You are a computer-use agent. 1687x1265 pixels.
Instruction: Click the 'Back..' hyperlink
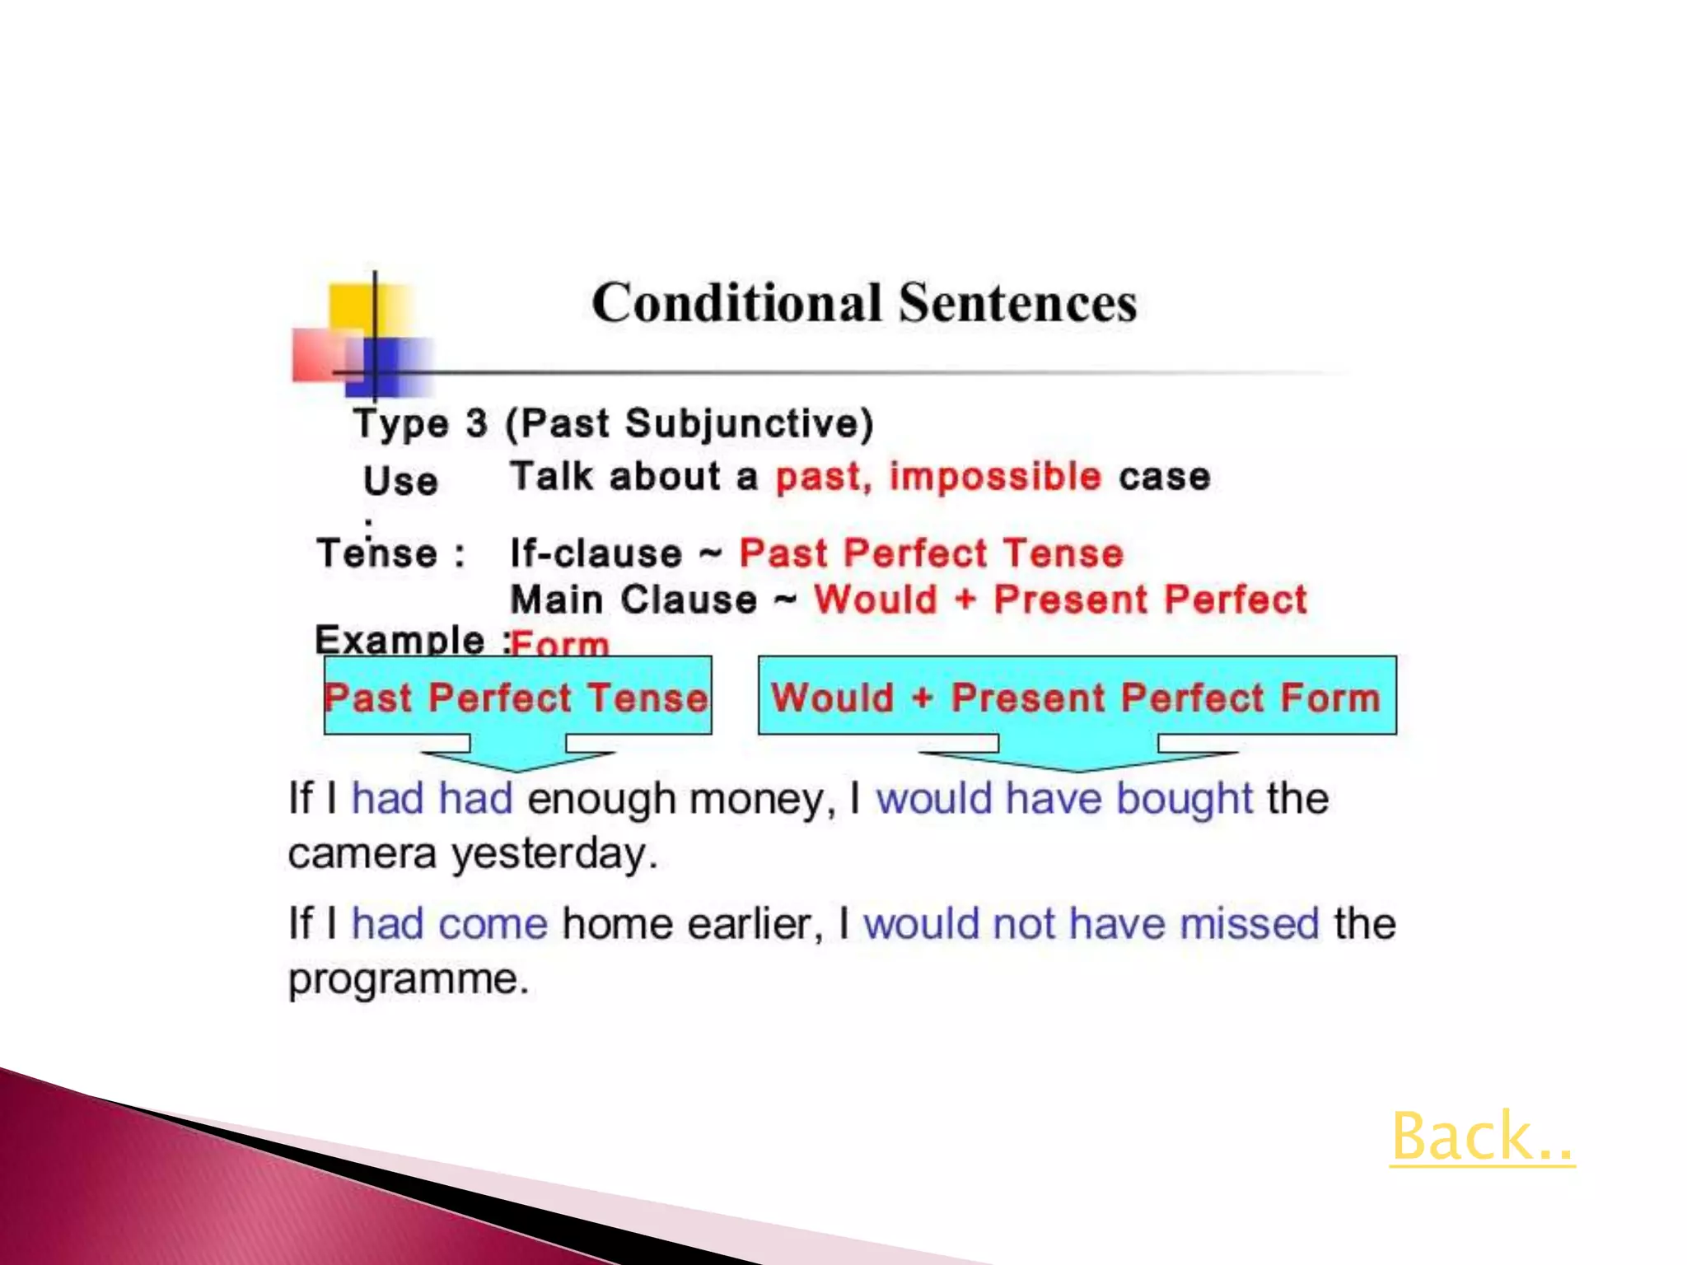[1481, 1137]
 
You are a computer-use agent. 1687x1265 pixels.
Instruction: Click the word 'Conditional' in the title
[736, 302]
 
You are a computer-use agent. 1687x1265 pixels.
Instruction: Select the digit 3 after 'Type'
[476, 423]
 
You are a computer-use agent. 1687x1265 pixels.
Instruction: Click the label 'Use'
[400, 481]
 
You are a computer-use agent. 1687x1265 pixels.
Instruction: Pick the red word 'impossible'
[995, 477]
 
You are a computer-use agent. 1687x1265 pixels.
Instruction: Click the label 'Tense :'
[390, 553]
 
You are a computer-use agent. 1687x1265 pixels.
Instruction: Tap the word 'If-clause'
[596, 553]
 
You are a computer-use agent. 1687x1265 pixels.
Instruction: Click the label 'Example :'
[410, 640]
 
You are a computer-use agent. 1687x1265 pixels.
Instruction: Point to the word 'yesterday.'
[554, 853]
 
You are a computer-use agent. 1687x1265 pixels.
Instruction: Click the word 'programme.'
[408, 979]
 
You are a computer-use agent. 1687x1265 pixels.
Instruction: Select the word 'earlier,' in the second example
[755, 923]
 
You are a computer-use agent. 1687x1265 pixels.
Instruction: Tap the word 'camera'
[362, 853]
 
